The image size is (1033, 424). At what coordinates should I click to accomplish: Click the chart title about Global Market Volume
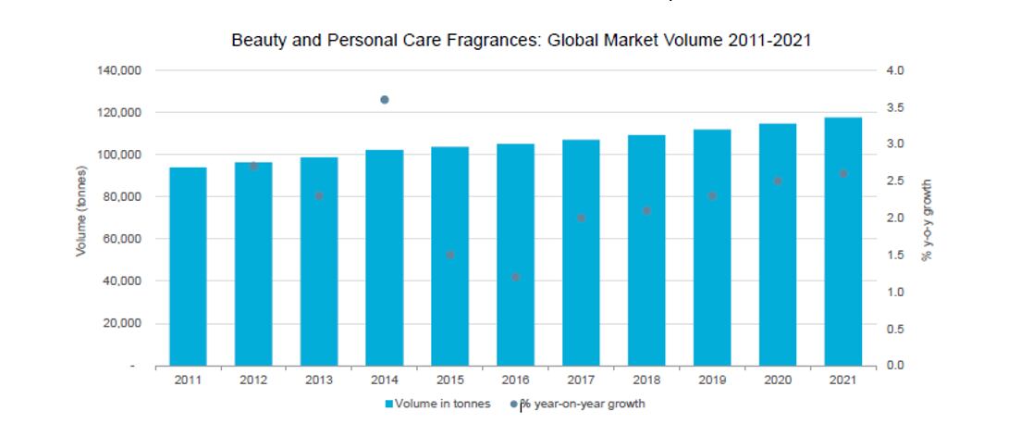[521, 42]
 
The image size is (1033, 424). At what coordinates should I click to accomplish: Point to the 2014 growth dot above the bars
[385, 100]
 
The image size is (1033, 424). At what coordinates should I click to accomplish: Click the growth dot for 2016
[516, 277]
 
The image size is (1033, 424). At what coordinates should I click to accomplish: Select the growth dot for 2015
[450, 255]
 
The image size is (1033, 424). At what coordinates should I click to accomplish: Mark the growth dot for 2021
[842, 174]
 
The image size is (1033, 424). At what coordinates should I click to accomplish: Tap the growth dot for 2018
[646, 211]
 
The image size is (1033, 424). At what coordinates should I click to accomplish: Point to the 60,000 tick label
[119, 239]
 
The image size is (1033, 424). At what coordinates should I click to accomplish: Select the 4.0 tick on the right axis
[894, 70]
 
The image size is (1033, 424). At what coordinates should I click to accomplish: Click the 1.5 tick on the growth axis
[894, 256]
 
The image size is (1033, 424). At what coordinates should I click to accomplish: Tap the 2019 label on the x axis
[712, 380]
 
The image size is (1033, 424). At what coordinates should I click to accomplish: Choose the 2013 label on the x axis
[319, 380]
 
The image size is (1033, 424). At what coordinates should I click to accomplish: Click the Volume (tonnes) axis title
[82, 218]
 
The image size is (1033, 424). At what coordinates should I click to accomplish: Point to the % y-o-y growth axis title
[927, 219]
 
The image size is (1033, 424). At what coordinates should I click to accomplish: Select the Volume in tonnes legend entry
[437, 404]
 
